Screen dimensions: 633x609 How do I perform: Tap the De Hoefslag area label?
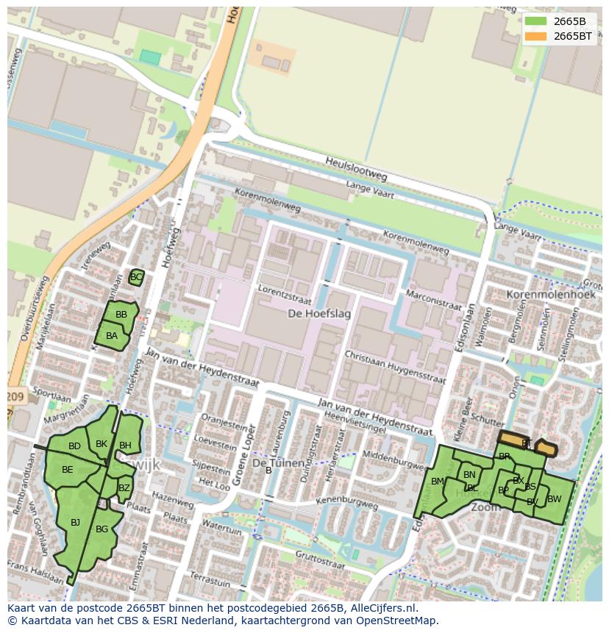(318, 314)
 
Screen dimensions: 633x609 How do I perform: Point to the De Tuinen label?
(278, 463)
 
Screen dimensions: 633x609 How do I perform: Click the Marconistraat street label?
(432, 300)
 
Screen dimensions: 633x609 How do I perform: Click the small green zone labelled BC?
(136, 277)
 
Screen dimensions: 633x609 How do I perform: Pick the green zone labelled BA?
(111, 337)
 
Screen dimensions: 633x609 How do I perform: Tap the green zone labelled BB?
(121, 315)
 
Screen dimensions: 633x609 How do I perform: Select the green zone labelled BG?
(102, 529)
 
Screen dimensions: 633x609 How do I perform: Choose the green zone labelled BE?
(67, 470)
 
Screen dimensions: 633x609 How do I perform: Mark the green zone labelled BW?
(555, 499)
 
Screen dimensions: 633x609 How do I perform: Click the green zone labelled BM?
(438, 482)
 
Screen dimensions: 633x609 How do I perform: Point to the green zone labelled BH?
(126, 446)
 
